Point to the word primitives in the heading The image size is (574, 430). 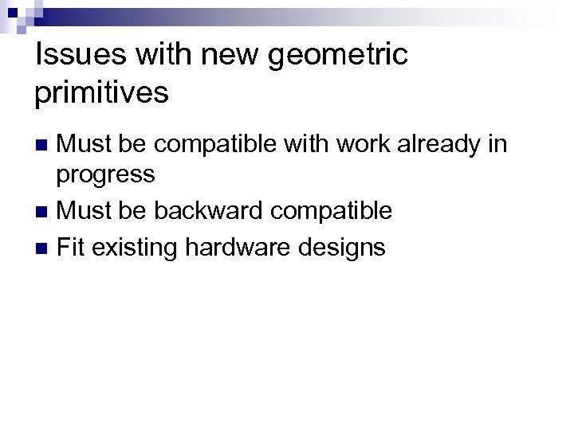point(102,94)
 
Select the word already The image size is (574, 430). point(446,145)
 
